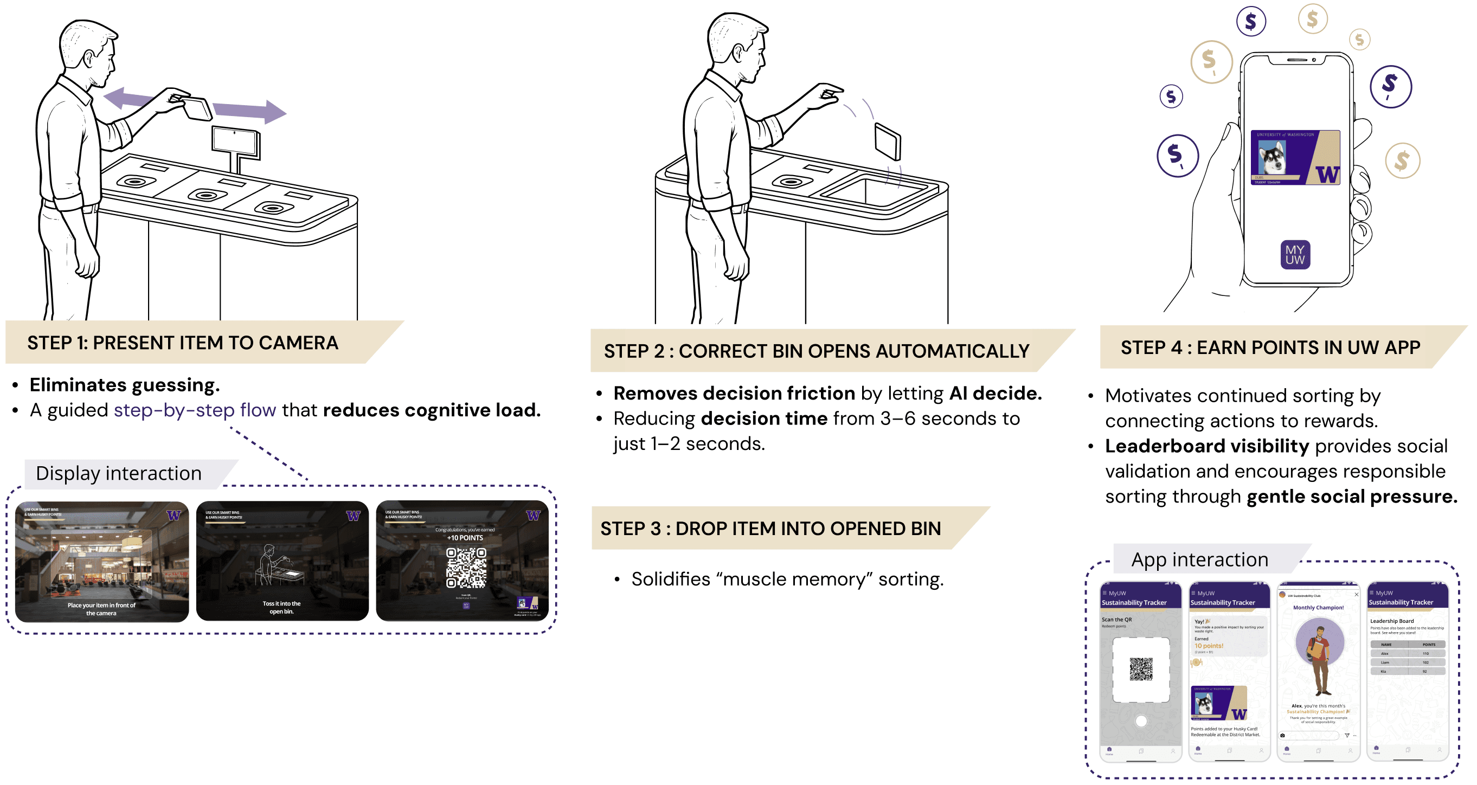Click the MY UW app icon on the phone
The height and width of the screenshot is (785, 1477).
(x=1295, y=254)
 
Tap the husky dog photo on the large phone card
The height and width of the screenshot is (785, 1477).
(x=1271, y=158)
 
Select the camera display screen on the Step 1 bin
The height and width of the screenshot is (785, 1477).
(x=235, y=140)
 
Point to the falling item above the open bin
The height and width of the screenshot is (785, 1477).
(x=887, y=141)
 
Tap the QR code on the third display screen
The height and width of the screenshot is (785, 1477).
(x=466, y=567)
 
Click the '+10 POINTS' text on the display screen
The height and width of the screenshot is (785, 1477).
(x=465, y=538)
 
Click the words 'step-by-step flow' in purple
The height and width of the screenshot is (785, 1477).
(x=195, y=410)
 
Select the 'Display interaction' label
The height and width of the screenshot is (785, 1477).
(x=119, y=474)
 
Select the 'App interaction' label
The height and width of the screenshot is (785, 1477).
(x=1199, y=559)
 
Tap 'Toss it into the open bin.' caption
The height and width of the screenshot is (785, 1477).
(x=281, y=607)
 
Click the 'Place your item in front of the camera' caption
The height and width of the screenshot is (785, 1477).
(x=101, y=609)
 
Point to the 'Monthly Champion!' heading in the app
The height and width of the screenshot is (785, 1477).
(x=1318, y=607)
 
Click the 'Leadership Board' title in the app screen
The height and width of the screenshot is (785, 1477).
(x=1391, y=621)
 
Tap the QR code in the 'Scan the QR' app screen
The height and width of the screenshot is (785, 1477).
(x=1141, y=668)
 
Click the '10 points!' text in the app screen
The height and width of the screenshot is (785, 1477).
(x=1209, y=646)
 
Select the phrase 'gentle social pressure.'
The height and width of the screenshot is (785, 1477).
(x=1352, y=497)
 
